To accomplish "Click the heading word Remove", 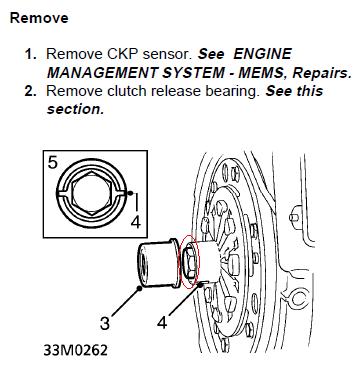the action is (x=39, y=18).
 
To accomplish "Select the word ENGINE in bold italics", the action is (x=262, y=54).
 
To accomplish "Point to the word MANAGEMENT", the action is (x=102, y=72).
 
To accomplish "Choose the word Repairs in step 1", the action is (x=322, y=73).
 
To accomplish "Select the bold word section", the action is (x=76, y=109).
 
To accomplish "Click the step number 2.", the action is (x=30, y=91).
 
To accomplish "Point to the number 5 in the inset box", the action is (x=53, y=162).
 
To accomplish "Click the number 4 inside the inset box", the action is (x=135, y=222).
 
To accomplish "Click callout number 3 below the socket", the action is (x=105, y=323).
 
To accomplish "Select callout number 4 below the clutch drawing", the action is (x=162, y=322).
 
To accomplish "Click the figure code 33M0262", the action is (x=76, y=350).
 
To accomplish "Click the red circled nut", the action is (x=189, y=262).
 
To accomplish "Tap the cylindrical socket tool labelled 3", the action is (x=157, y=263).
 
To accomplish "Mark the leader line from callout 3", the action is (x=126, y=301).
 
